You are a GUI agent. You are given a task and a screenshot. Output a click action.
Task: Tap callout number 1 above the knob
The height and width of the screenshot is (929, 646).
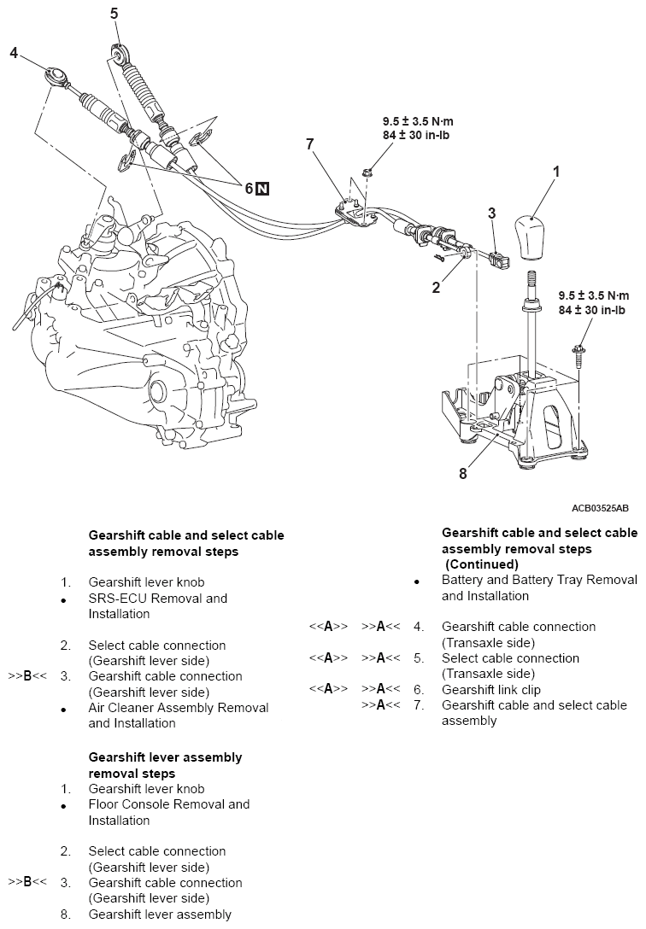556,172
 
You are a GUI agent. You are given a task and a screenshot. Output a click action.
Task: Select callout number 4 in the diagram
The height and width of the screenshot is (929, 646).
14,53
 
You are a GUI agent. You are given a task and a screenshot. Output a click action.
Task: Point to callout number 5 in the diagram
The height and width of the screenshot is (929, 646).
115,13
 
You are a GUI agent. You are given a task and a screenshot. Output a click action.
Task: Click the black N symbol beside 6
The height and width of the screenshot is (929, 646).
262,189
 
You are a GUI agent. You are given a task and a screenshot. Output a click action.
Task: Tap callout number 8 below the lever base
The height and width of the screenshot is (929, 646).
462,474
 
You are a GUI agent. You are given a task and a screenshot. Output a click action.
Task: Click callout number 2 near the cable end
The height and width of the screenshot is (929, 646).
436,288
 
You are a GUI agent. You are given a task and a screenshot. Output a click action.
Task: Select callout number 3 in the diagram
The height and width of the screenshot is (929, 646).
491,213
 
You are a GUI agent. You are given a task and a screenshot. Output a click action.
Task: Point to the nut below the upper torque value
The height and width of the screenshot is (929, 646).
365,173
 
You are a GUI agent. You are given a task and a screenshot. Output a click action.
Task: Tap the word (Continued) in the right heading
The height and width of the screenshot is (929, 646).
482,565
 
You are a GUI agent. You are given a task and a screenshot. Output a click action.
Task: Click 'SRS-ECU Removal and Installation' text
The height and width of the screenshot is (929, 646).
158,606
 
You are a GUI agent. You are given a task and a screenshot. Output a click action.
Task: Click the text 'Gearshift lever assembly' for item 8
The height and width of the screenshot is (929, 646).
160,914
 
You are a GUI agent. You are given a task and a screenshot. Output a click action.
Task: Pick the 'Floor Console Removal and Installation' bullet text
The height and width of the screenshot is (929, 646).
169,812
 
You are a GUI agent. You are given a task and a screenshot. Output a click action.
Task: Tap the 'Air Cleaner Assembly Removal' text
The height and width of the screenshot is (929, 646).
179,708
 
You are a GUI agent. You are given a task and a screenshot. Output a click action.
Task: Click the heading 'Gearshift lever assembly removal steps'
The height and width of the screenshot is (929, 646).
166,765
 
